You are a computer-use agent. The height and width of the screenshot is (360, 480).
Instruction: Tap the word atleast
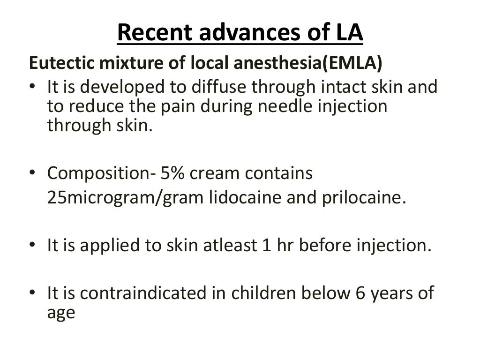(x=219, y=245)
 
